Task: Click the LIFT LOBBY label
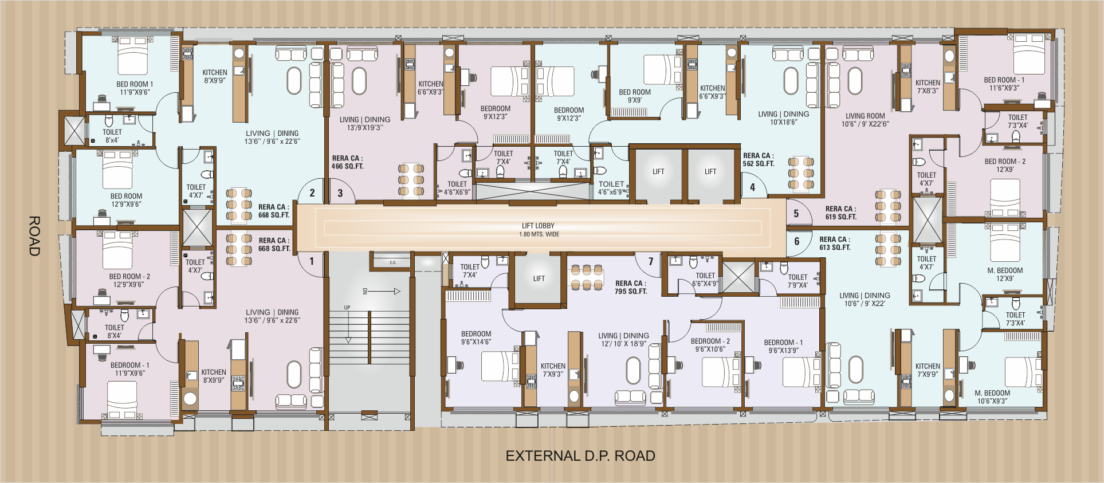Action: (x=538, y=230)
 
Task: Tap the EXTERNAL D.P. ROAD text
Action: (x=580, y=456)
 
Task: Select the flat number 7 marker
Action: (x=651, y=261)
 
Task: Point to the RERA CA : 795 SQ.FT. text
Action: (x=630, y=287)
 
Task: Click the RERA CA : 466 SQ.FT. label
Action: (x=347, y=162)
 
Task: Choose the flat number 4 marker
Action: (x=752, y=187)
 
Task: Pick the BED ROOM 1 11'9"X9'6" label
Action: (x=135, y=88)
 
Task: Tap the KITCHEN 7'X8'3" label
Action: (x=928, y=87)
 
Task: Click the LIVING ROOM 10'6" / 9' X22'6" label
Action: (x=865, y=120)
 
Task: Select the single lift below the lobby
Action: (x=539, y=279)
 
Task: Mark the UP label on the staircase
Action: (x=347, y=308)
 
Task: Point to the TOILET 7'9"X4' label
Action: (x=797, y=281)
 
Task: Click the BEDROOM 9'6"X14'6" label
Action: (x=476, y=337)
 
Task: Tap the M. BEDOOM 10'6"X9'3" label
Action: (x=992, y=396)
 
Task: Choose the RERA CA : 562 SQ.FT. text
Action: (x=758, y=159)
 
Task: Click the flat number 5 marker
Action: (x=796, y=214)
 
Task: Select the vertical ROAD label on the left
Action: (x=34, y=235)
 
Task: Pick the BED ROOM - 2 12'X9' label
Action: (x=1005, y=165)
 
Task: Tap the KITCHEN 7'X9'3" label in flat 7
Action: (x=553, y=370)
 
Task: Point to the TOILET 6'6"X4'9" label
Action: (x=705, y=280)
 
